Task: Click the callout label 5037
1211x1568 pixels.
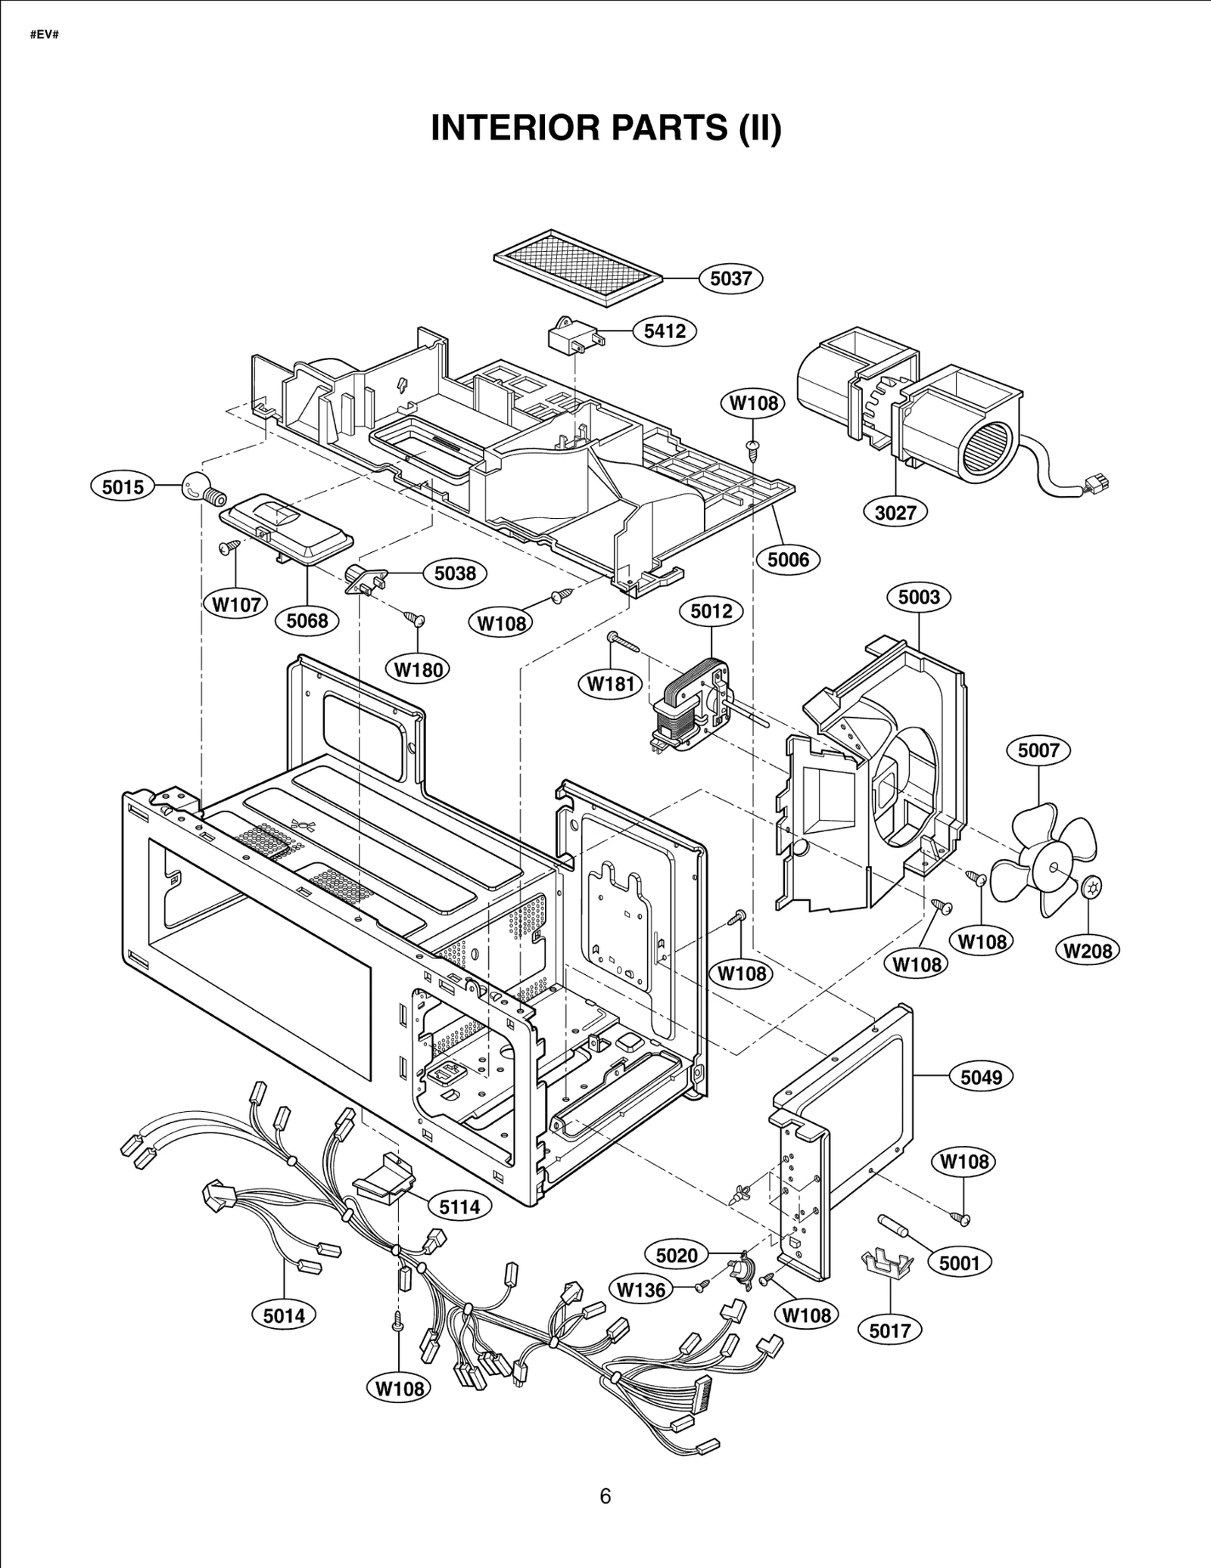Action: click(730, 278)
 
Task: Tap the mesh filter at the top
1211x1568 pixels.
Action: click(577, 266)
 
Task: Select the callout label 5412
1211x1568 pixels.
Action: click(664, 331)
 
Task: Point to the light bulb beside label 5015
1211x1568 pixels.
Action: click(198, 489)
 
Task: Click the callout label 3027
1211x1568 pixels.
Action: click(895, 513)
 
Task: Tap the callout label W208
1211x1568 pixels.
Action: click(1087, 951)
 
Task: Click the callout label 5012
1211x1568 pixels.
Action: click(711, 611)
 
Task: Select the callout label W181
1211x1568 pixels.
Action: click(610, 684)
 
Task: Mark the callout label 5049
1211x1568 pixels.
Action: click(981, 1077)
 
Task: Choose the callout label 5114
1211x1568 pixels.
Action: click(459, 1206)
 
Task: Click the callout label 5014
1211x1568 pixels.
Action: click(284, 1315)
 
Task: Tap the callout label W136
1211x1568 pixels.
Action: click(640, 1290)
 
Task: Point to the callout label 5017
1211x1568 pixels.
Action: click(889, 1330)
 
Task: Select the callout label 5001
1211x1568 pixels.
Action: click(959, 1262)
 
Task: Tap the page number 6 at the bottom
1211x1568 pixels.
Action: click(605, 1496)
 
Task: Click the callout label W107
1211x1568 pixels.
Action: click(236, 604)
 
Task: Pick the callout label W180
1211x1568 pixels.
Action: click(418, 669)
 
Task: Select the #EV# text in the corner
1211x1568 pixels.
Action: click(44, 35)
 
